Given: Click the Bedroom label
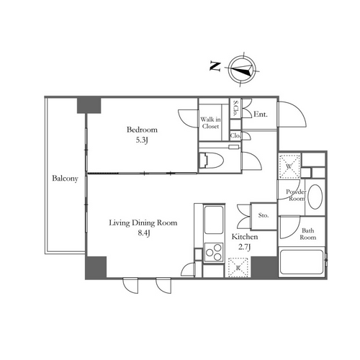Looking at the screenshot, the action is click(x=142, y=130).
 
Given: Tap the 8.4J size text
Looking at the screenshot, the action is click(x=143, y=233).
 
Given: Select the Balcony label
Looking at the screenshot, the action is click(x=66, y=179).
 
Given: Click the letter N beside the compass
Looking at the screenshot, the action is click(x=215, y=66).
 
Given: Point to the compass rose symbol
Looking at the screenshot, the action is click(x=242, y=69).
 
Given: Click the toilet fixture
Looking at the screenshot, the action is click(x=212, y=160).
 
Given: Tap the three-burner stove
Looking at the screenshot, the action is click(x=214, y=252).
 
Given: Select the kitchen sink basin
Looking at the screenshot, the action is click(x=214, y=220).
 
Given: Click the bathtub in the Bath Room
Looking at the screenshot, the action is click(x=302, y=262).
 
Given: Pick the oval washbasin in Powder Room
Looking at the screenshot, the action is click(x=315, y=197).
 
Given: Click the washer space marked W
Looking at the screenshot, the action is click(x=289, y=166).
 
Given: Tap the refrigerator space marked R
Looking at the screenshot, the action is click(x=238, y=267).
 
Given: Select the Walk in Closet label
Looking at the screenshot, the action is click(x=210, y=122).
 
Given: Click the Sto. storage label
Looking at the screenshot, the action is click(x=264, y=215).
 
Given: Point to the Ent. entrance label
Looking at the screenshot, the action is click(x=261, y=114).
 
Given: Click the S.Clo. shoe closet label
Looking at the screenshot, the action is click(x=236, y=109).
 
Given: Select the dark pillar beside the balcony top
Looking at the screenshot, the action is click(x=89, y=105).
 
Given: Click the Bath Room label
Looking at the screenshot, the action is click(x=308, y=234).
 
